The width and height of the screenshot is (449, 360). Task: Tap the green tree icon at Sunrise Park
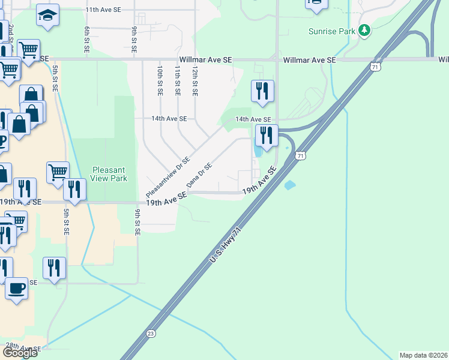coord(364,31)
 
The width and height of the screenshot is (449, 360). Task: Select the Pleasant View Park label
coord(109,174)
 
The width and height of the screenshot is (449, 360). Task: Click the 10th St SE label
coord(160,82)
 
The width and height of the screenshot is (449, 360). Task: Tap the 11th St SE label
coord(177,82)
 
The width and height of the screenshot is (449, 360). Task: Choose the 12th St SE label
coord(194,82)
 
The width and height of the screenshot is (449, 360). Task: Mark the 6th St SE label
coord(87,38)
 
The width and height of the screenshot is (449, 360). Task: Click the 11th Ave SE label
coord(103,10)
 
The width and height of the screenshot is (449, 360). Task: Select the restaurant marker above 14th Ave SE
coord(262,91)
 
